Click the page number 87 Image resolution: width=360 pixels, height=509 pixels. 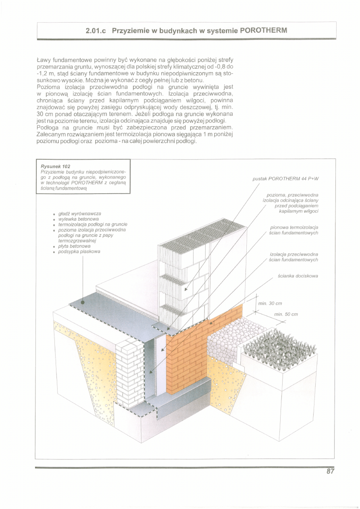(330, 472)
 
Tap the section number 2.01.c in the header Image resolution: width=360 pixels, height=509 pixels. (96, 31)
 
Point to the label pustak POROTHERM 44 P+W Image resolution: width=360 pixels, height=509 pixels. (288, 178)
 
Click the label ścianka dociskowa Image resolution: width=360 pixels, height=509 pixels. (298, 276)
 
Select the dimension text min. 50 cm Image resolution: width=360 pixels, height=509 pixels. (286, 314)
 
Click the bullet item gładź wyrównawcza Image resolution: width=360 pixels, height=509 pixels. (79, 213)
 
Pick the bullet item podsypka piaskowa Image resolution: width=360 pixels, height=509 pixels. (79, 251)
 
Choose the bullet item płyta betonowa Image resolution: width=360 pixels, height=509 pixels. (74, 246)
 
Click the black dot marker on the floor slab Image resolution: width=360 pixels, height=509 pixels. (82, 302)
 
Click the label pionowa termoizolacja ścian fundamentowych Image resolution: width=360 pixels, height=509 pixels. (294, 230)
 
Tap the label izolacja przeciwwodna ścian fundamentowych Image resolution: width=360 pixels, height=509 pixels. (294, 257)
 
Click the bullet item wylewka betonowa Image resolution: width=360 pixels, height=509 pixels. (79, 219)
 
